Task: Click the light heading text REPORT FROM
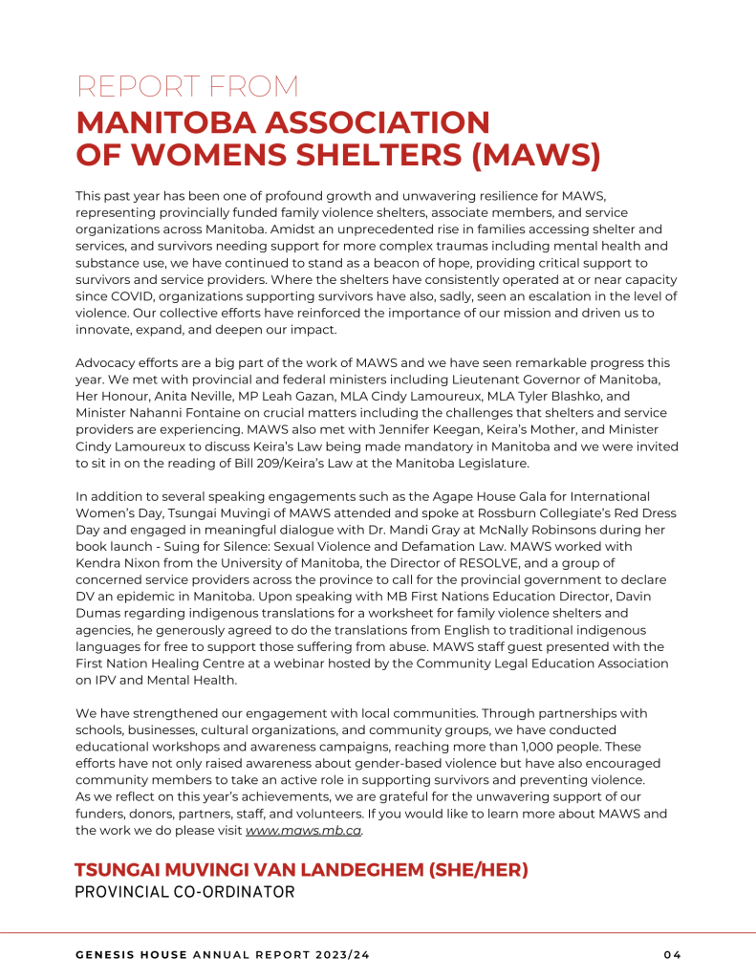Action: pyautogui.click(x=187, y=86)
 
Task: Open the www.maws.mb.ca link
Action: pyautogui.click(x=303, y=831)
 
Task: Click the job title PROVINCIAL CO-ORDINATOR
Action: pyautogui.click(x=184, y=893)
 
